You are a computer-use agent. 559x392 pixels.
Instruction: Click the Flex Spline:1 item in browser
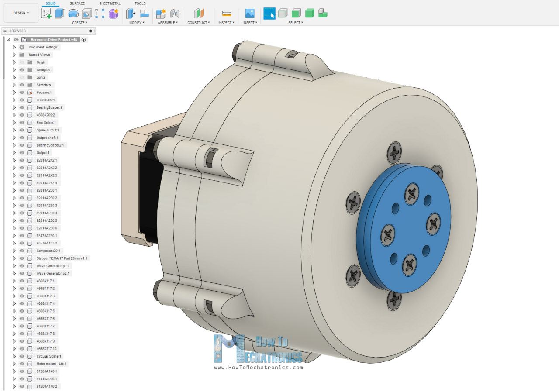pyautogui.click(x=46, y=123)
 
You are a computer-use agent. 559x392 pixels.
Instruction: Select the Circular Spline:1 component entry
pyautogui.click(x=49, y=356)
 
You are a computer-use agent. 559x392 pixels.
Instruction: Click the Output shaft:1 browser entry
pyautogui.click(x=48, y=138)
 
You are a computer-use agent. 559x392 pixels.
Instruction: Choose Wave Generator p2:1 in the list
pyautogui.click(x=53, y=273)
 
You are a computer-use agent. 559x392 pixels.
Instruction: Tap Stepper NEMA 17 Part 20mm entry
pyautogui.click(x=62, y=258)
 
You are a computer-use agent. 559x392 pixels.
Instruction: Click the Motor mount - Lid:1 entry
pyautogui.click(x=52, y=364)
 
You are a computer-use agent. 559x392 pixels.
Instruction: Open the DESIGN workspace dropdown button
pyautogui.click(x=21, y=13)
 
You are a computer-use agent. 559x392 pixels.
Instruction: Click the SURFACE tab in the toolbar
pyautogui.click(x=77, y=3)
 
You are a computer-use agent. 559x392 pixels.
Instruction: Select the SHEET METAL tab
pyautogui.click(x=110, y=3)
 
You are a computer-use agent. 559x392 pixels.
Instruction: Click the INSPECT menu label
pyautogui.click(x=226, y=23)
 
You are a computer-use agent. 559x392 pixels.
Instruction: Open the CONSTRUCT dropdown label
pyautogui.click(x=198, y=23)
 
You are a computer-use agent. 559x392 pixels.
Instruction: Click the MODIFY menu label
pyautogui.click(x=137, y=23)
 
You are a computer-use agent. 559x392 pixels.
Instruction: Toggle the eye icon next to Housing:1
pyautogui.click(x=22, y=93)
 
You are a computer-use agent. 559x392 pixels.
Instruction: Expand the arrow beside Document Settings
pyautogui.click(x=14, y=47)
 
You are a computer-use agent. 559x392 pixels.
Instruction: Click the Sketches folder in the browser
pyautogui.click(x=43, y=85)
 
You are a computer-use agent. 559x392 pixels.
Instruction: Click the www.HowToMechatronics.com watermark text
pyautogui.click(x=258, y=368)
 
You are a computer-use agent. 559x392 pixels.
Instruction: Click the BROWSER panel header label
pyautogui.click(x=17, y=31)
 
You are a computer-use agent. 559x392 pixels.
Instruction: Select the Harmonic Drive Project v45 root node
pyautogui.click(x=54, y=39)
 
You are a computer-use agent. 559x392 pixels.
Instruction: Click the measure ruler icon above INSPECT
pyautogui.click(x=226, y=14)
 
